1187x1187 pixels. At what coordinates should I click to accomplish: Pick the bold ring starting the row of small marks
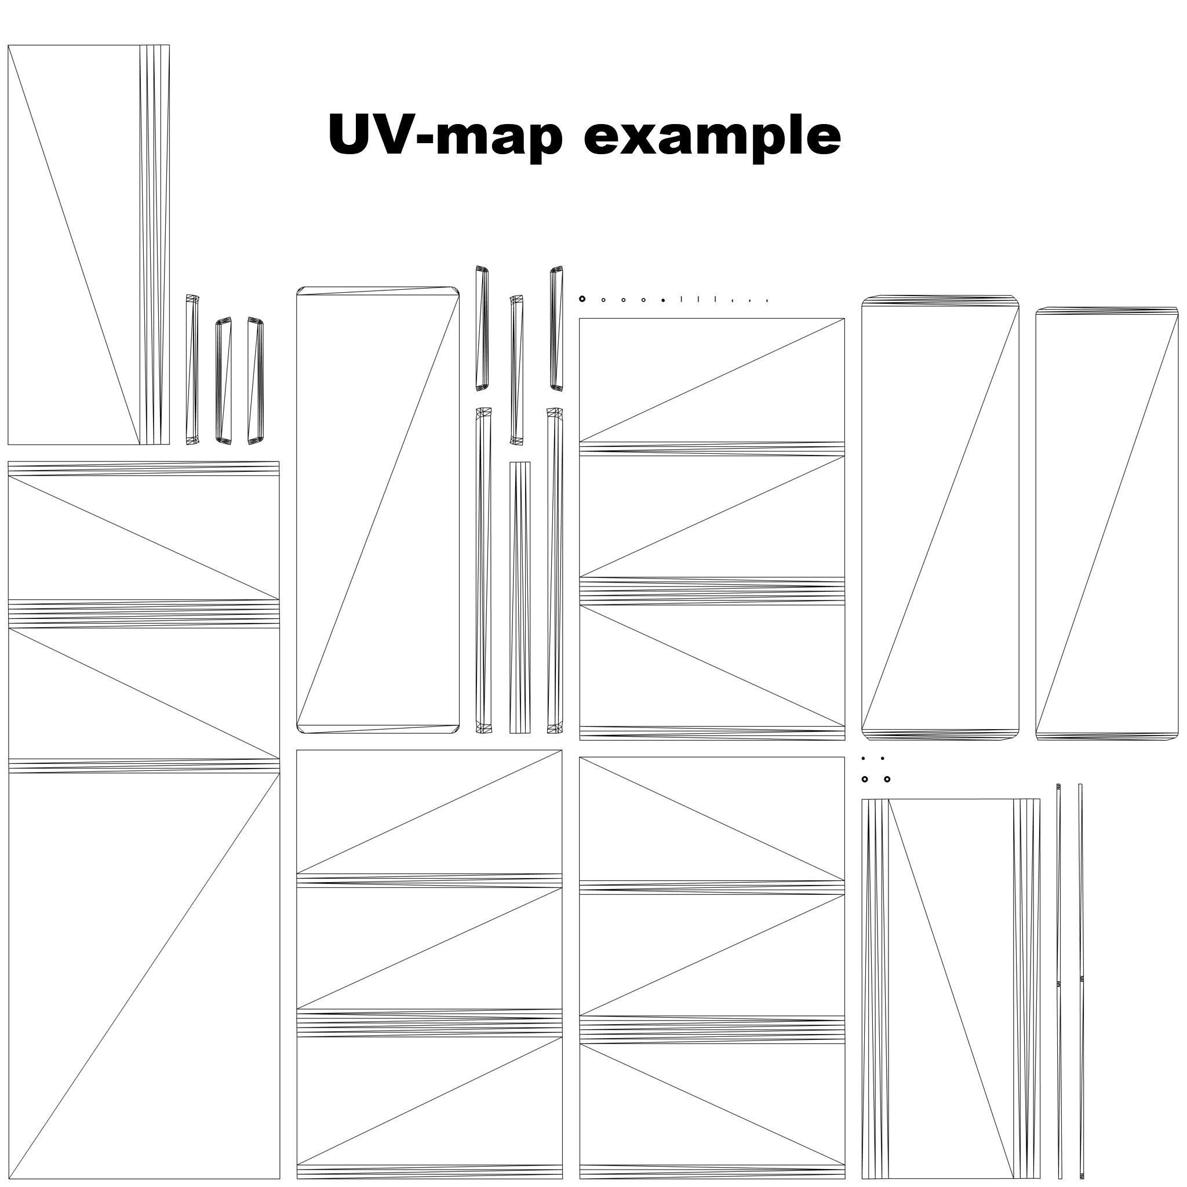pos(582,299)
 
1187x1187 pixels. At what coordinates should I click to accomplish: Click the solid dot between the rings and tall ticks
pos(664,300)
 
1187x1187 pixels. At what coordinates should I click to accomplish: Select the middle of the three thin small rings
pos(623,300)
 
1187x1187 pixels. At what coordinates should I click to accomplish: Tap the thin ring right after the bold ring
pos(603,300)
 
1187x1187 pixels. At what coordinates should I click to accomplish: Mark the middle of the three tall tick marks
pos(698,299)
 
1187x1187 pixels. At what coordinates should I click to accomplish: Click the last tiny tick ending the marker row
pos(767,300)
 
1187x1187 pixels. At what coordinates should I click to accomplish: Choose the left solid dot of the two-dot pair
pos(863,759)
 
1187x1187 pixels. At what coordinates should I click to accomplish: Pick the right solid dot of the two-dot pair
pos(883,759)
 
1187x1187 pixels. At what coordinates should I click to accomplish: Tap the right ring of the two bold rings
pos(887,780)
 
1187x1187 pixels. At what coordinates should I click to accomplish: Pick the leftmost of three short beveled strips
pos(192,369)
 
